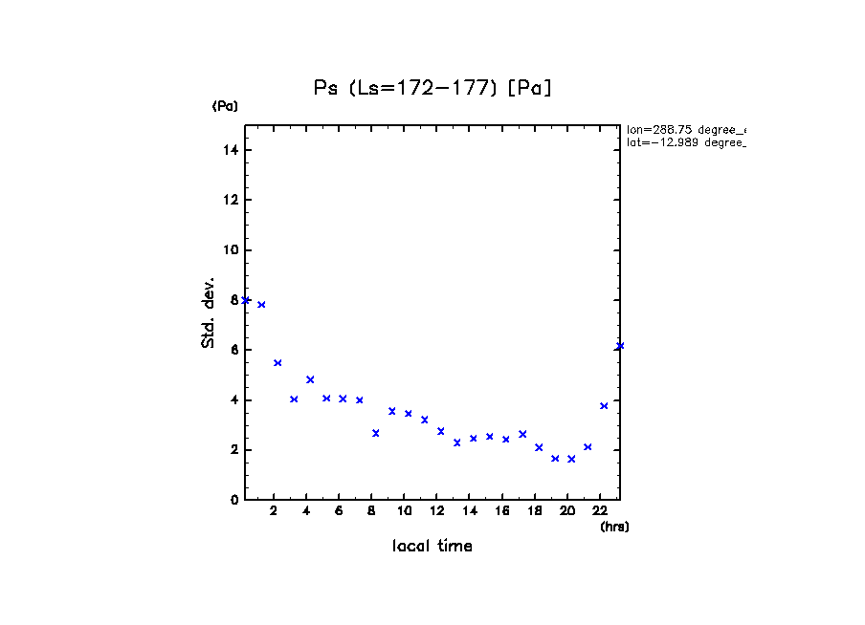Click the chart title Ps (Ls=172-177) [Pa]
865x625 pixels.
432,88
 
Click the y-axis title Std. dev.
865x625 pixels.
209,313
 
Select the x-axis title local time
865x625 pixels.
432,547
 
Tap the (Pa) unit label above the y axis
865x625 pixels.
225,106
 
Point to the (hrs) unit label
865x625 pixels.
614,527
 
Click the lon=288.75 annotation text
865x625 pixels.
685,129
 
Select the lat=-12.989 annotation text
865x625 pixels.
685,141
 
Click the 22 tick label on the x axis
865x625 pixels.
600,511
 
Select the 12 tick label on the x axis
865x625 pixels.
437,511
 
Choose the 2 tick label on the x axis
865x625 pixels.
274,511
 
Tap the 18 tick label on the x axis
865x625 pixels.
535,511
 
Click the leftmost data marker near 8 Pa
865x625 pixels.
246,300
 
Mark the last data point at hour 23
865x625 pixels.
620,346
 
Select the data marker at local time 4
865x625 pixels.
310,379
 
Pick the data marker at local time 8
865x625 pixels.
376,433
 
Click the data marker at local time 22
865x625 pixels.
604,406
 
